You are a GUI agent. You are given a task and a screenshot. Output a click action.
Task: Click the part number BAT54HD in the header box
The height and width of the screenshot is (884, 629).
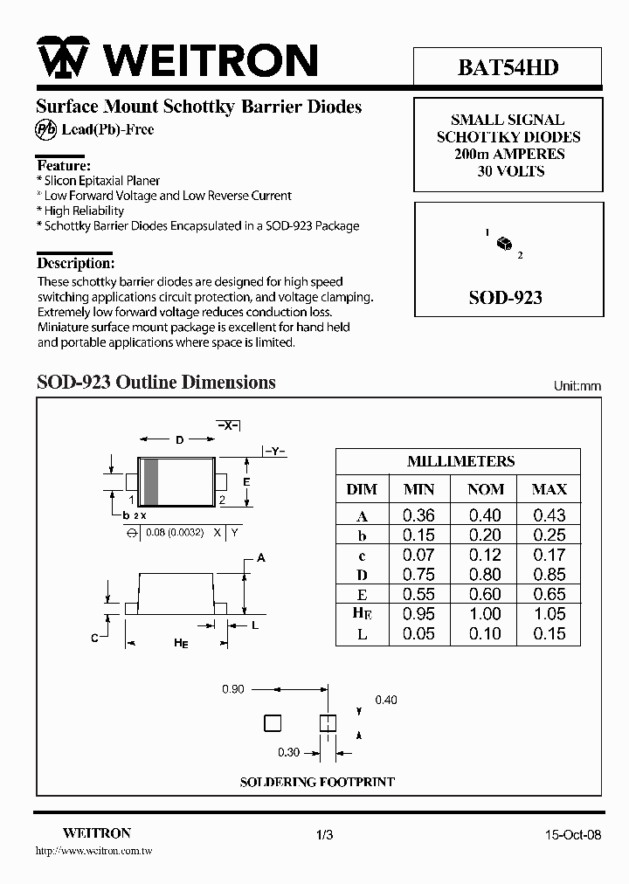(508, 67)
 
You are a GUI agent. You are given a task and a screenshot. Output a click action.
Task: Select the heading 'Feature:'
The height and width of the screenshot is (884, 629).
(64, 166)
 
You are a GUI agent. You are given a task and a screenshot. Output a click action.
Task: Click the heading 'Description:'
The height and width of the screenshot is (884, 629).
(75, 263)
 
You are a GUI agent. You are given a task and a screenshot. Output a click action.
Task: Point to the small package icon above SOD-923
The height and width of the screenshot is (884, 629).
(503, 244)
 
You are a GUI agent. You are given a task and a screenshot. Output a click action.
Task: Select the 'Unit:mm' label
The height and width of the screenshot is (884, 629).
(577, 386)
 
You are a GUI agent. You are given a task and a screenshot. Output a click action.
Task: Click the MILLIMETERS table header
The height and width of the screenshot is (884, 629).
(460, 461)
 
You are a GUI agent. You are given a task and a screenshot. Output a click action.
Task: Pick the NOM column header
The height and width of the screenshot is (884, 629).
(485, 489)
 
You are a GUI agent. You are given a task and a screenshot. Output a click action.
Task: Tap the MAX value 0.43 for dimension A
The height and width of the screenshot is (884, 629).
(550, 515)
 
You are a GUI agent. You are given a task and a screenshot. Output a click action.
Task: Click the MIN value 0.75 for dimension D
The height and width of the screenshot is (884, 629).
(418, 575)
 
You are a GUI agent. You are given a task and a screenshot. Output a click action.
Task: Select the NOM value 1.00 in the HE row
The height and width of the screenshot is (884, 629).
(485, 614)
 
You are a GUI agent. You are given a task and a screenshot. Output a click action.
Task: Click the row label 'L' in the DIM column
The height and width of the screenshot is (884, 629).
(362, 635)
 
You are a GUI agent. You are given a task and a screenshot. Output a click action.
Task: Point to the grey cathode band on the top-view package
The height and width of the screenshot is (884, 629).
(150, 481)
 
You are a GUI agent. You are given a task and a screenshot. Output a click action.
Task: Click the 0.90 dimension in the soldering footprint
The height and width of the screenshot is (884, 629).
(232, 689)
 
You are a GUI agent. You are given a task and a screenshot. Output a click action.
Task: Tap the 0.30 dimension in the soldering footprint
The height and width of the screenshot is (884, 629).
(288, 752)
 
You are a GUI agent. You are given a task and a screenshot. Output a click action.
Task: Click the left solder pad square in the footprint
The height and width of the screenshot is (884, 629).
(273, 722)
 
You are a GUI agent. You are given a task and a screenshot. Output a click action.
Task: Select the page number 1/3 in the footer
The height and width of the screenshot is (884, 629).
(324, 835)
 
